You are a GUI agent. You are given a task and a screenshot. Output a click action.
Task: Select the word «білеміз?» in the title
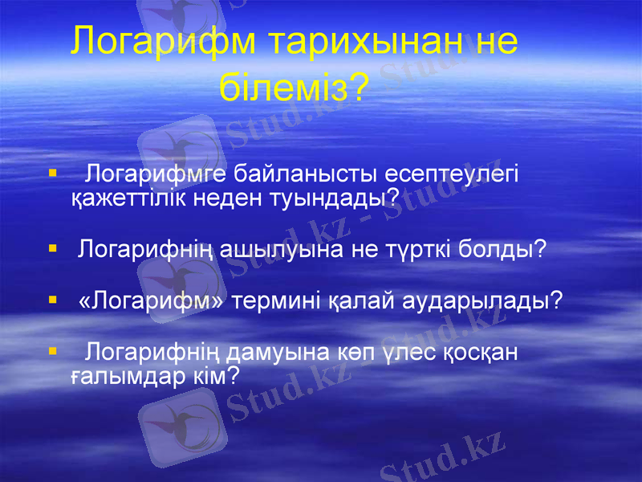293,85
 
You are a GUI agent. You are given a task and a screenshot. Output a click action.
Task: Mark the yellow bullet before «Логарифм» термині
52,300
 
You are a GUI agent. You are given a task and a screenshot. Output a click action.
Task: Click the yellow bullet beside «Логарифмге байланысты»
52,173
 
